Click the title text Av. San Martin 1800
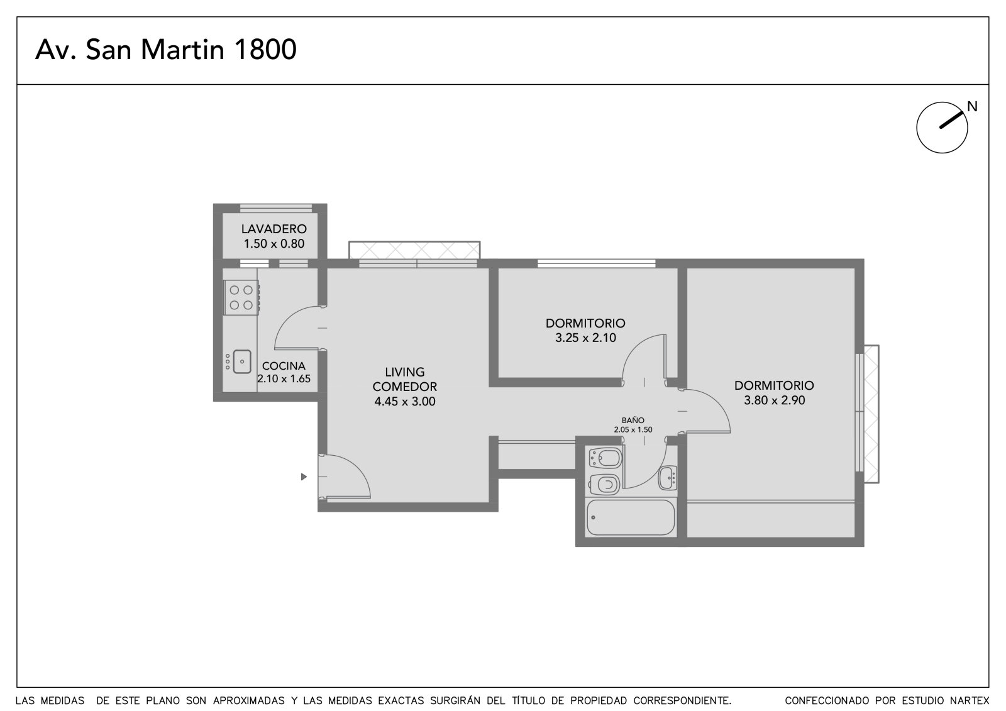pyautogui.click(x=166, y=49)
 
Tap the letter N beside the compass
pyautogui.click(x=972, y=106)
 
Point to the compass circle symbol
pyautogui.click(x=942, y=128)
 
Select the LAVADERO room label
pyautogui.click(x=274, y=229)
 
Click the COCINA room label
pyautogui.click(x=284, y=366)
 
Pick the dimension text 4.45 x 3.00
pyautogui.click(x=405, y=402)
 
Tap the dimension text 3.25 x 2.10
pyautogui.click(x=585, y=338)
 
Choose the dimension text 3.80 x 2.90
pyautogui.click(x=774, y=400)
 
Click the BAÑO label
pyautogui.click(x=633, y=420)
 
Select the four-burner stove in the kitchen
pyautogui.click(x=241, y=297)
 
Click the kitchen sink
pyautogui.click(x=241, y=361)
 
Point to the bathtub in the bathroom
pyautogui.click(x=631, y=517)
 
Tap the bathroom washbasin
pyautogui.click(x=668, y=478)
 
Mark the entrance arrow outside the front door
pyautogui.click(x=304, y=477)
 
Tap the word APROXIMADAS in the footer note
pyautogui.click(x=249, y=701)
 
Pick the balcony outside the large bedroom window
pyautogui.click(x=871, y=414)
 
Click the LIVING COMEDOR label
pyautogui.click(x=405, y=379)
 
